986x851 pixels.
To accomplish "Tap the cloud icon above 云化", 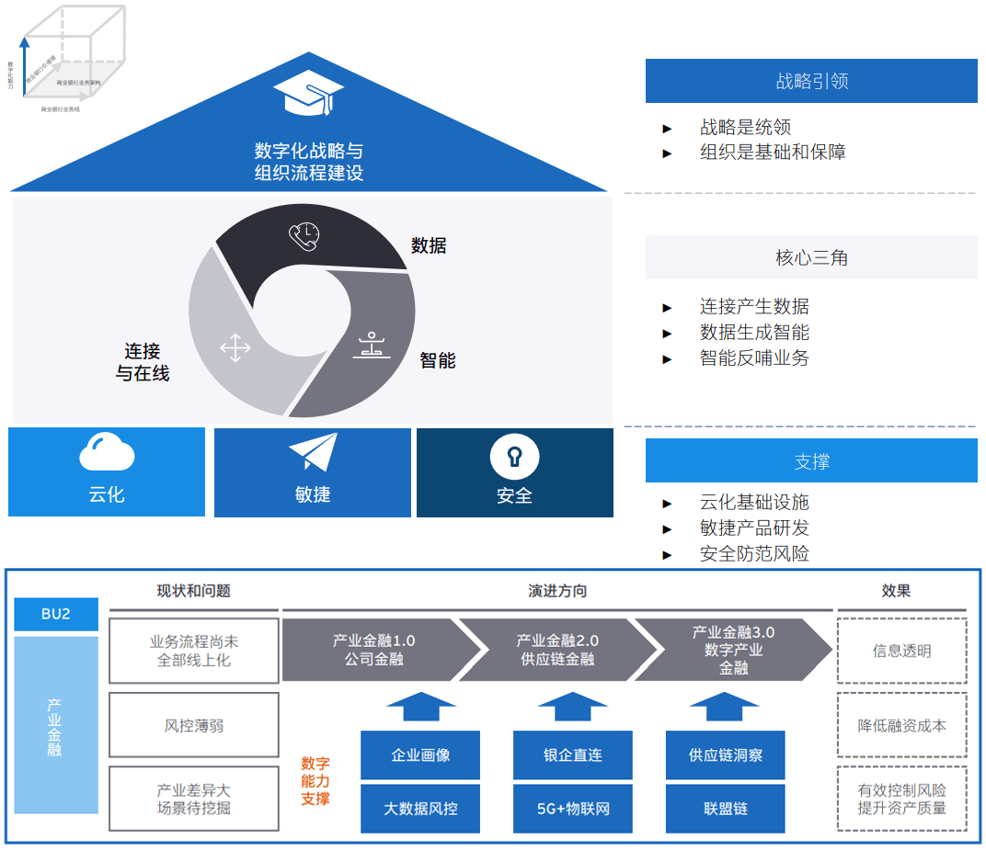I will tap(107, 452).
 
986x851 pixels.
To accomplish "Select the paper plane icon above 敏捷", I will tap(314, 452).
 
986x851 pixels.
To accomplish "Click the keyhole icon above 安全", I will tap(514, 455).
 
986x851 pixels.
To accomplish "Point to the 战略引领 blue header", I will tap(811, 81).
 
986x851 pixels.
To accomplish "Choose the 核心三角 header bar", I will tap(811, 257).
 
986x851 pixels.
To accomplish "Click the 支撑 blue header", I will tap(811, 460).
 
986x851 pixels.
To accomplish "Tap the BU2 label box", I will tap(56, 614).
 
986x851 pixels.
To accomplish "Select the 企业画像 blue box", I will tap(420, 755).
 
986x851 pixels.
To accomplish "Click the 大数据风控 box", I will tap(420, 809).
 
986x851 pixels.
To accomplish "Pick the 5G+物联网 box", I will tap(573, 809).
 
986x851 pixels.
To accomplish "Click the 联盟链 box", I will tap(726, 809).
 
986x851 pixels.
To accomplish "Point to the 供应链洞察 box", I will tap(726, 755).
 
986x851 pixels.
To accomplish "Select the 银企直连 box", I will tap(573, 755).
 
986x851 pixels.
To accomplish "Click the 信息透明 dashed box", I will tap(901, 651).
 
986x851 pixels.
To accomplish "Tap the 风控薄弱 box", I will tap(193, 725).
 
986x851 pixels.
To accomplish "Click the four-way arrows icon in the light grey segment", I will tap(235, 348).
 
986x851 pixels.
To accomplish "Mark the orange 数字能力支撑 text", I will tap(315, 781).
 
